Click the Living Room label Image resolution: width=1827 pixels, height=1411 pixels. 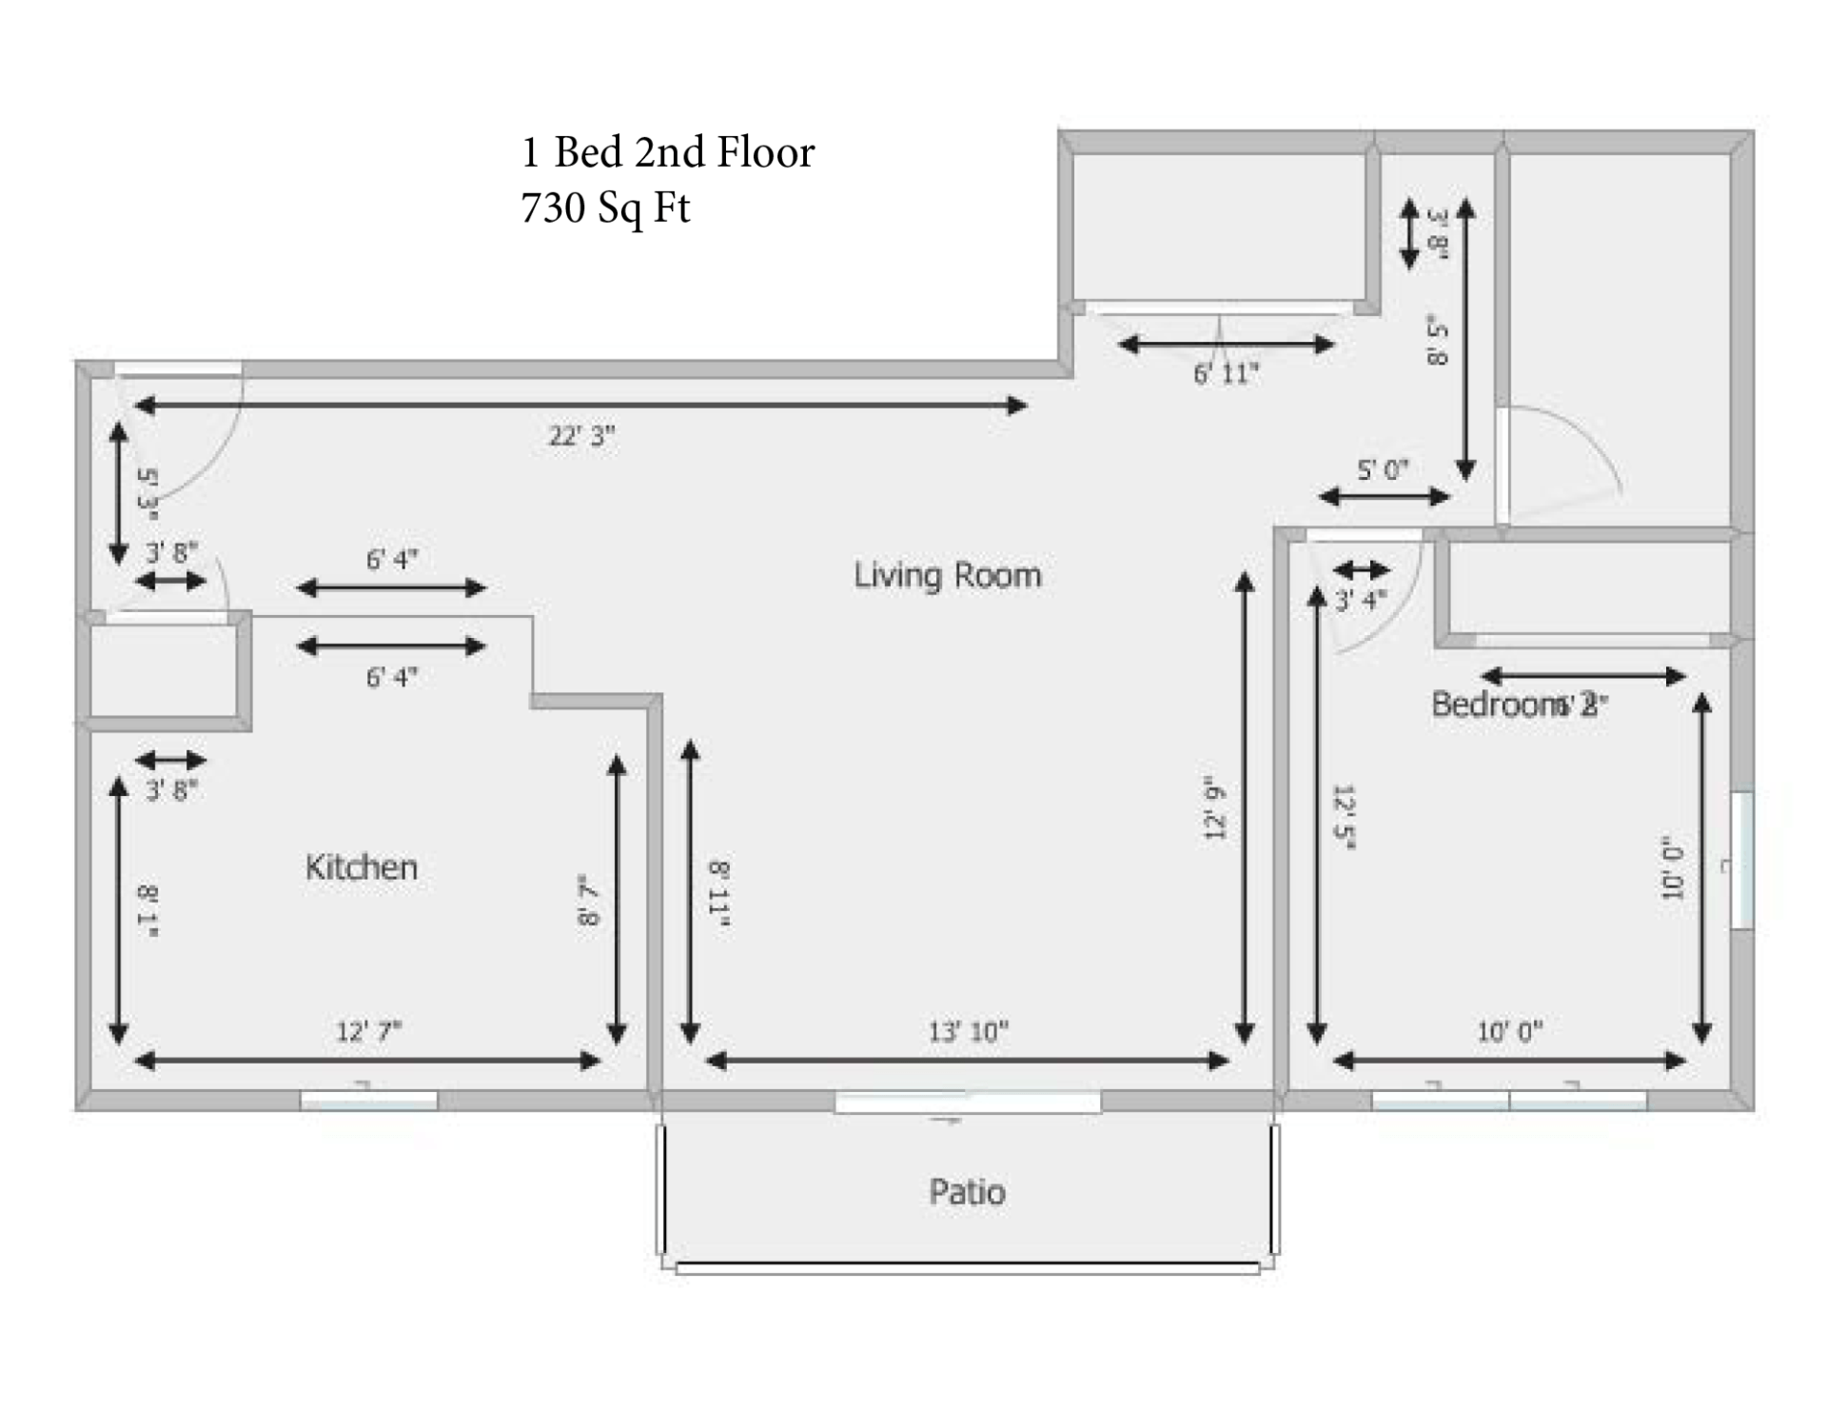coord(947,575)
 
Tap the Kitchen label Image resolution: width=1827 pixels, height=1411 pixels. coord(361,867)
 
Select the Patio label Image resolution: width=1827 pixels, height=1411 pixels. coord(967,1192)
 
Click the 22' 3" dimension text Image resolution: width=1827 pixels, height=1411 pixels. coord(581,436)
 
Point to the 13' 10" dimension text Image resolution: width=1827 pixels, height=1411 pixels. coord(968,1031)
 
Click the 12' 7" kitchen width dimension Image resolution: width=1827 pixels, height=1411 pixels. coord(368,1031)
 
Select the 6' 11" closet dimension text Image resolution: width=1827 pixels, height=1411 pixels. coord(1226,374)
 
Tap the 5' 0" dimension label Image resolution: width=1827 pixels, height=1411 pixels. coord(1382,469)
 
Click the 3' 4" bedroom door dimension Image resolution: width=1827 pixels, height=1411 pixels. coord(1361,600)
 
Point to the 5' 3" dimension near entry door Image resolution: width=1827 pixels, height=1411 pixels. coord(147,492)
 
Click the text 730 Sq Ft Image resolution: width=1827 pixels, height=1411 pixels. coord(605,208)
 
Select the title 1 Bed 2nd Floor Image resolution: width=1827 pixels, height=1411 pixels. coord(668,152)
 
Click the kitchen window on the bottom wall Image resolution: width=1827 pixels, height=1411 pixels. coord(369,1101)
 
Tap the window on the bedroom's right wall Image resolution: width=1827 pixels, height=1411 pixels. coord(1741,860)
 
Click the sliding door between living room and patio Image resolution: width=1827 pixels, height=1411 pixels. coord(968,1103)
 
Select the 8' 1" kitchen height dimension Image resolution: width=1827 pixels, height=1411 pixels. coord(147,912)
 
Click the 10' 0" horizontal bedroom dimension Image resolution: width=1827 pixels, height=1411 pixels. coord(1509,1031)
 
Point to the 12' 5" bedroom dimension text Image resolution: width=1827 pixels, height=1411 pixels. coord(1343,817)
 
